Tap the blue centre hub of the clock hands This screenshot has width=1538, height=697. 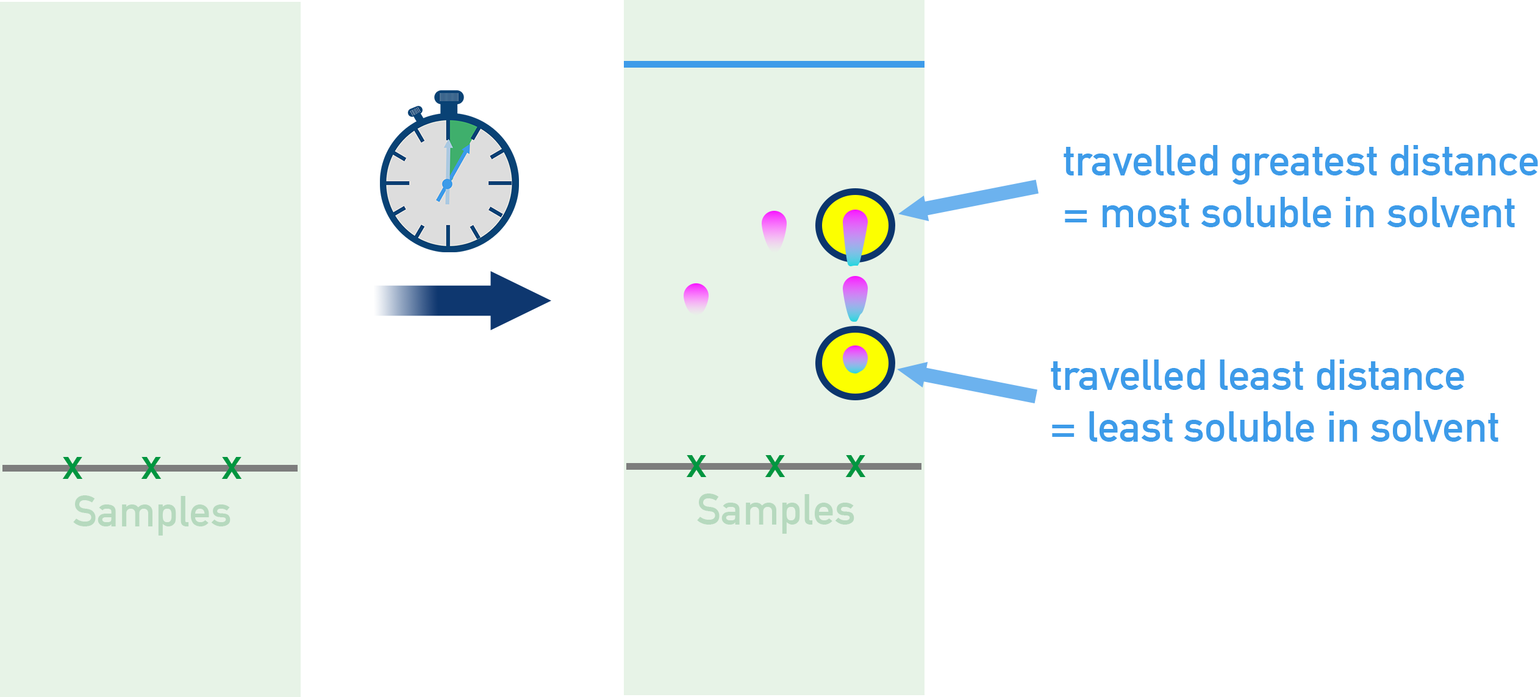pyautogui.click(x=447, y=184)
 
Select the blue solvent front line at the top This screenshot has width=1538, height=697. pyautogui.click(x=773, y=64)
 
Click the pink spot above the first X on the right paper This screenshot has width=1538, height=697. pyautogui.click(x=696, y=297)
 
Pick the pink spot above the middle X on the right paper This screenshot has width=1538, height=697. pyautogui.click(x=774, y=228)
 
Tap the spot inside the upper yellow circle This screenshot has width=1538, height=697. pyautogui.click(x=854, y=235)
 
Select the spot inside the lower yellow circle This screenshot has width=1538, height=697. pyautogui.click(x=854, y=359)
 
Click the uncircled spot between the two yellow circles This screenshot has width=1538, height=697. pyautogui.click(x=854, y=297)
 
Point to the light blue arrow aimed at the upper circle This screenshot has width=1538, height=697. pyautogui.click(x=970, y=199)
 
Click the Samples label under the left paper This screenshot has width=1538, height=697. pyautogui.click(x=152, y=513)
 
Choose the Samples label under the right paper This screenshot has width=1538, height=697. pyautogui.click(x=776, y=511)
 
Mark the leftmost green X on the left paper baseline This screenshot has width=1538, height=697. pyautogui.click(x=73, y=468)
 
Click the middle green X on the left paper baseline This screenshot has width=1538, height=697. pyautogui.click(x=151, y=468)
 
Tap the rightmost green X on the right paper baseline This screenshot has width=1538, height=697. pyautogui.click(x=856, y=466)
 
